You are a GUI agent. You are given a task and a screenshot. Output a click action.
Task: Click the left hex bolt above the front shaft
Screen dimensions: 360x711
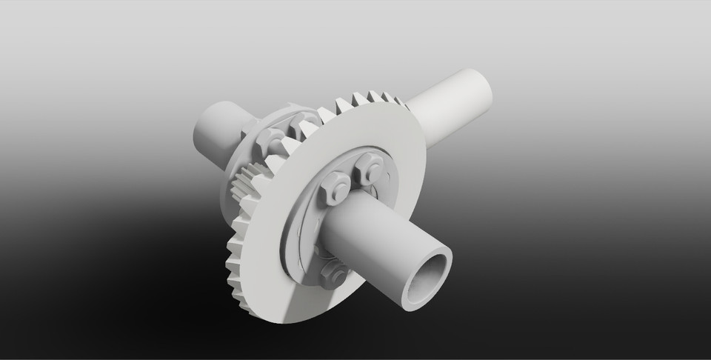coord(331,185)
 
